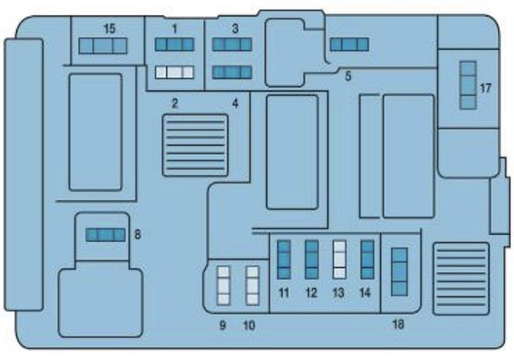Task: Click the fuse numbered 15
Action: [x=104, y=47]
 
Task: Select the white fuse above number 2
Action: [x=174, y=73]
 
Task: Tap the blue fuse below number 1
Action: [x=174, y=46]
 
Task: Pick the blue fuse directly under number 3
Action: [x=232, y=45]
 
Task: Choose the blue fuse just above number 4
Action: [x=232, y=73]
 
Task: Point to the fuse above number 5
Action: [x=349, y=44]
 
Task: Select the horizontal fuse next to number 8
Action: [x=105, y=234]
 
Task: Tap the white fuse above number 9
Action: [x=224, y=286]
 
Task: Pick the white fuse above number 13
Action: [x=339, y=260]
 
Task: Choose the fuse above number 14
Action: [x=367, y=260]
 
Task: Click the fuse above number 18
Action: [x=399, y=271]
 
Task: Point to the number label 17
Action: [x=486, y=88]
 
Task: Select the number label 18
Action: [x=398, y=324]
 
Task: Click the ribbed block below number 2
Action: [x=195, y=145]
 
